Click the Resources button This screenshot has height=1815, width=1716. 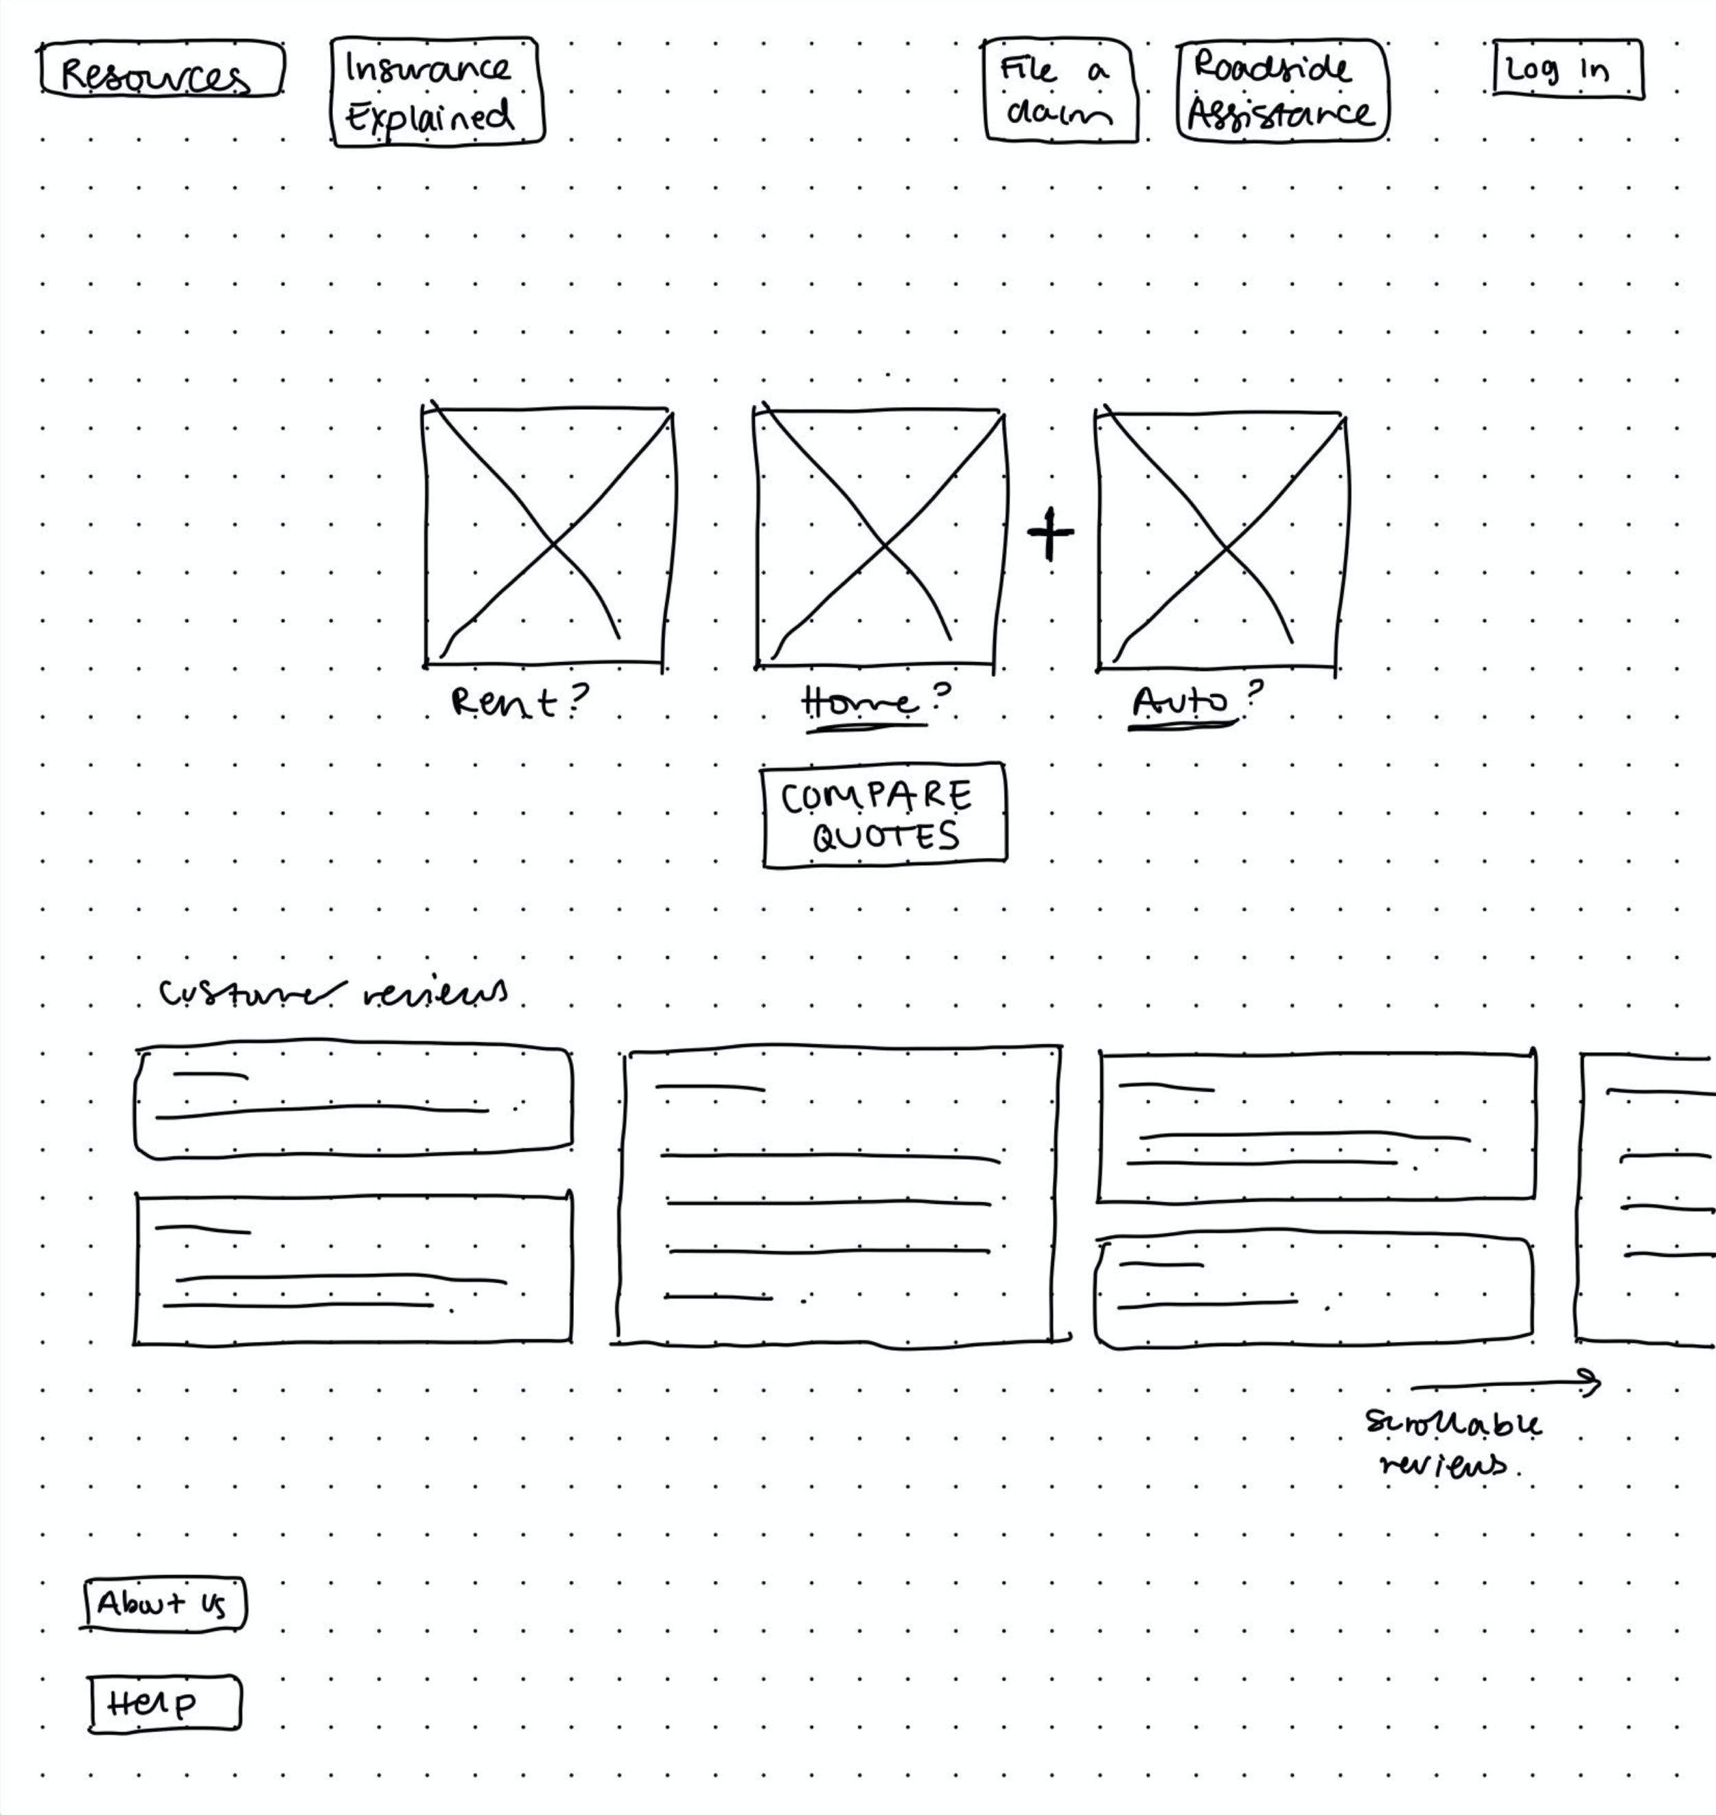pyautogui.click(x=161, y=69)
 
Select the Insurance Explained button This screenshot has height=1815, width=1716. pyautogui.click(x=437, y=91)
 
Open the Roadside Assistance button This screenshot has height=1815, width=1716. pyautogui.click(x=1282, y=91)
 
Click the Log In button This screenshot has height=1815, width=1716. pyautogui.click(x=1567, y=69)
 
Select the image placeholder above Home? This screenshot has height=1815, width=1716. pyautogui.click(x=879, y=539)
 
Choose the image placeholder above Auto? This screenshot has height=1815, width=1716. pyautogui.click(x=1220, y=540)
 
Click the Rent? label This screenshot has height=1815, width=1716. pyautogui.click(x=520, y=702)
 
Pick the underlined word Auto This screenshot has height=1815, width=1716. pyautogui.click(x=1180, y=702)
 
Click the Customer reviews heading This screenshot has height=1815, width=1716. pyautogui.click(x=333, y=993)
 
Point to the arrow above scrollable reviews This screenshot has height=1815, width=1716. pyautogui.click(x=1505, y=1384)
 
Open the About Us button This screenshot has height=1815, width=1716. pyautogui.click(x=164, y=1604)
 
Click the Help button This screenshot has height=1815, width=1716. pyautogui.click(x=165, y=1703)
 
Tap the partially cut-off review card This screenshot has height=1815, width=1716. pyautogui.click(x=1647, y=1199)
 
